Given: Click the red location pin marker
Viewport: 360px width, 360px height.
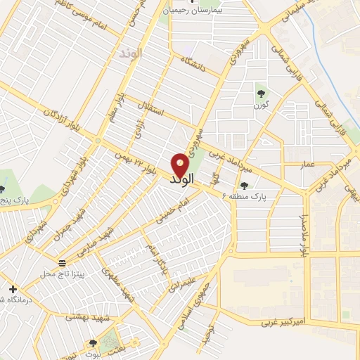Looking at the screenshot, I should coord(180,164).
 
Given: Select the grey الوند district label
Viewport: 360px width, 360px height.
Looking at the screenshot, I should coord(131,53).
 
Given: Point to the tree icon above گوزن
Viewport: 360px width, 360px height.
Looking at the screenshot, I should coord(261,92).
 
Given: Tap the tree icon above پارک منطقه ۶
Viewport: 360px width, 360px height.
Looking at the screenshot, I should coord(244,186).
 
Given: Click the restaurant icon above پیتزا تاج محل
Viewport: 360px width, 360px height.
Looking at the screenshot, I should coord(63,261).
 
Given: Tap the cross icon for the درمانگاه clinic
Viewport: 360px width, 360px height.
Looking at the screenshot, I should coord(13,289).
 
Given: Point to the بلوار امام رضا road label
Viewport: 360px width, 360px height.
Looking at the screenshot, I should coord(304,233).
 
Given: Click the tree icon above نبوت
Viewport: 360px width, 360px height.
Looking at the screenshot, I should coord(94,344).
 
